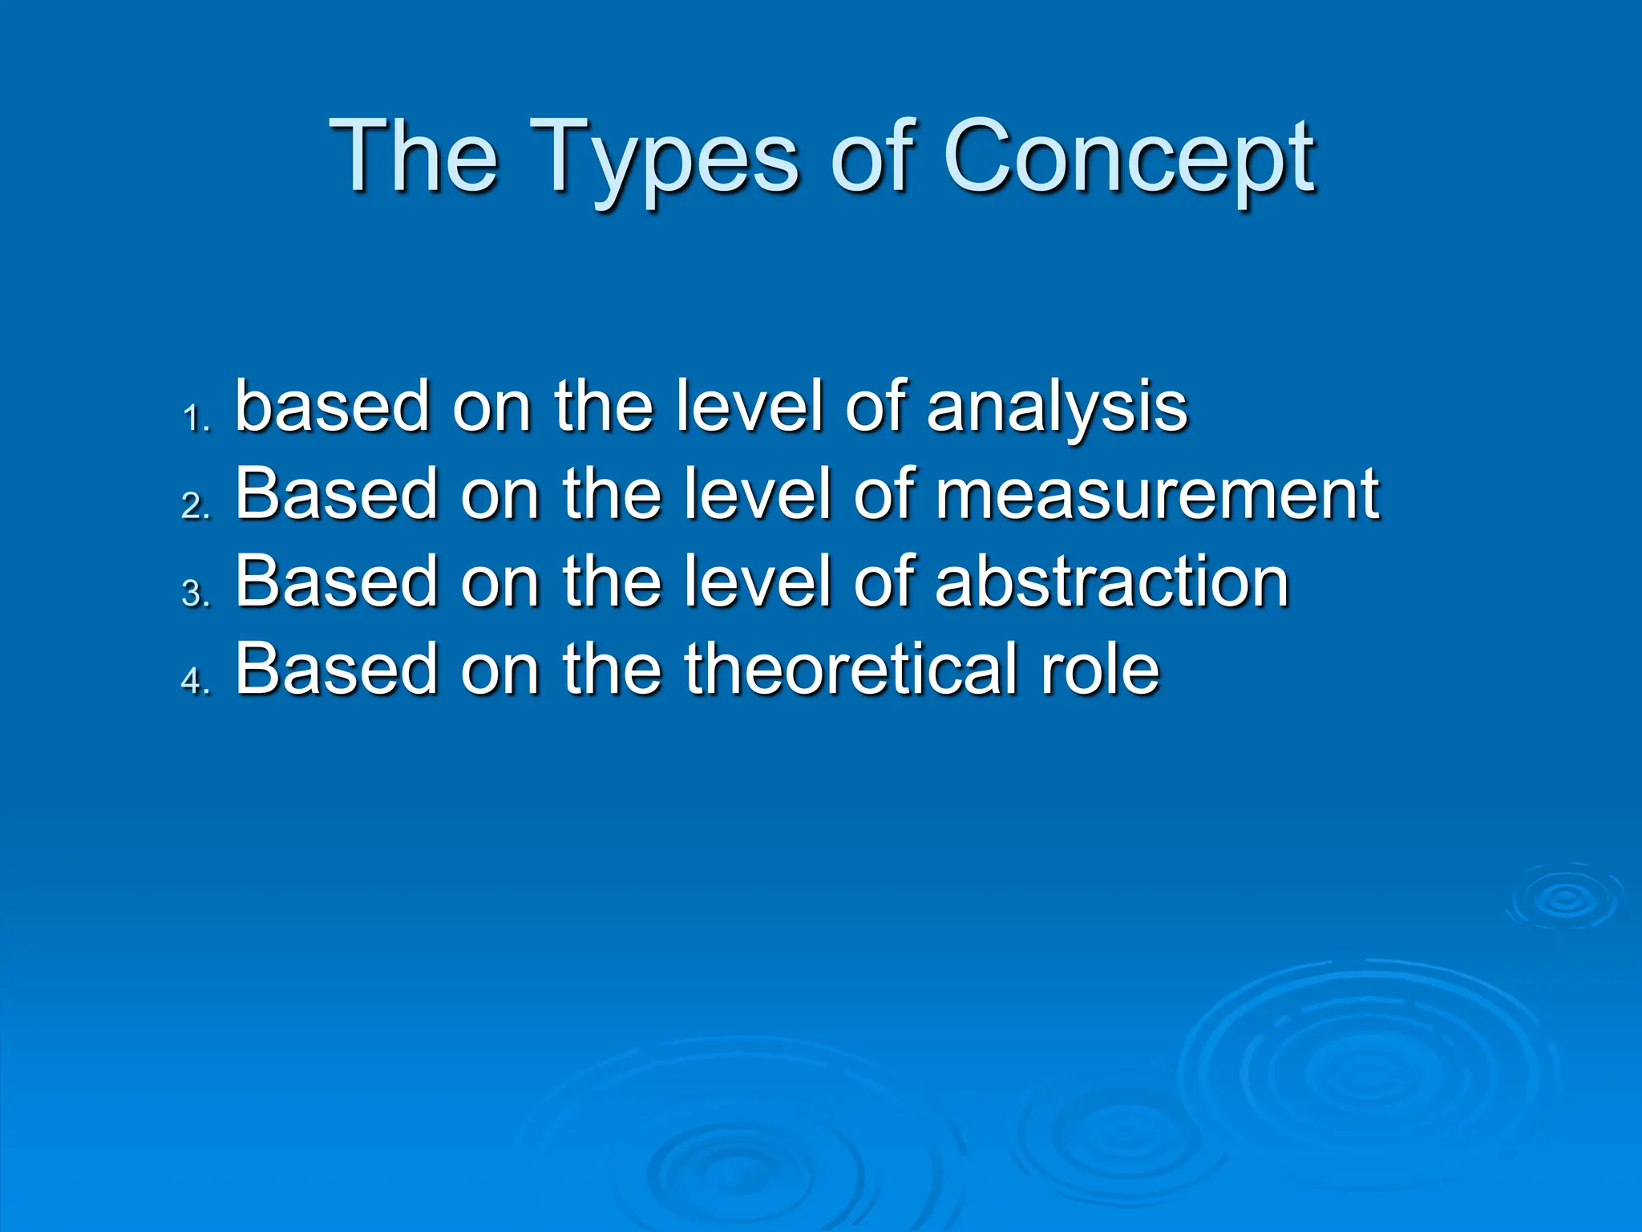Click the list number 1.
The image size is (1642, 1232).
point(195,419)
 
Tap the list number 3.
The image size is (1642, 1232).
point(195,594)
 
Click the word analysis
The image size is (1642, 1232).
point(1057,407)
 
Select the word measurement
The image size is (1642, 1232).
point(1157,494)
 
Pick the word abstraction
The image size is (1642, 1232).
point(1112,582)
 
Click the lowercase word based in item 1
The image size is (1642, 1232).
point(332,406)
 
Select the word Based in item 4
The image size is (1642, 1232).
point(336,668)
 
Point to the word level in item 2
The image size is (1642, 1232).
point(757,494)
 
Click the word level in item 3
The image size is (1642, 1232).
point(757,582)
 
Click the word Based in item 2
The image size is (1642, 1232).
point(336,494)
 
